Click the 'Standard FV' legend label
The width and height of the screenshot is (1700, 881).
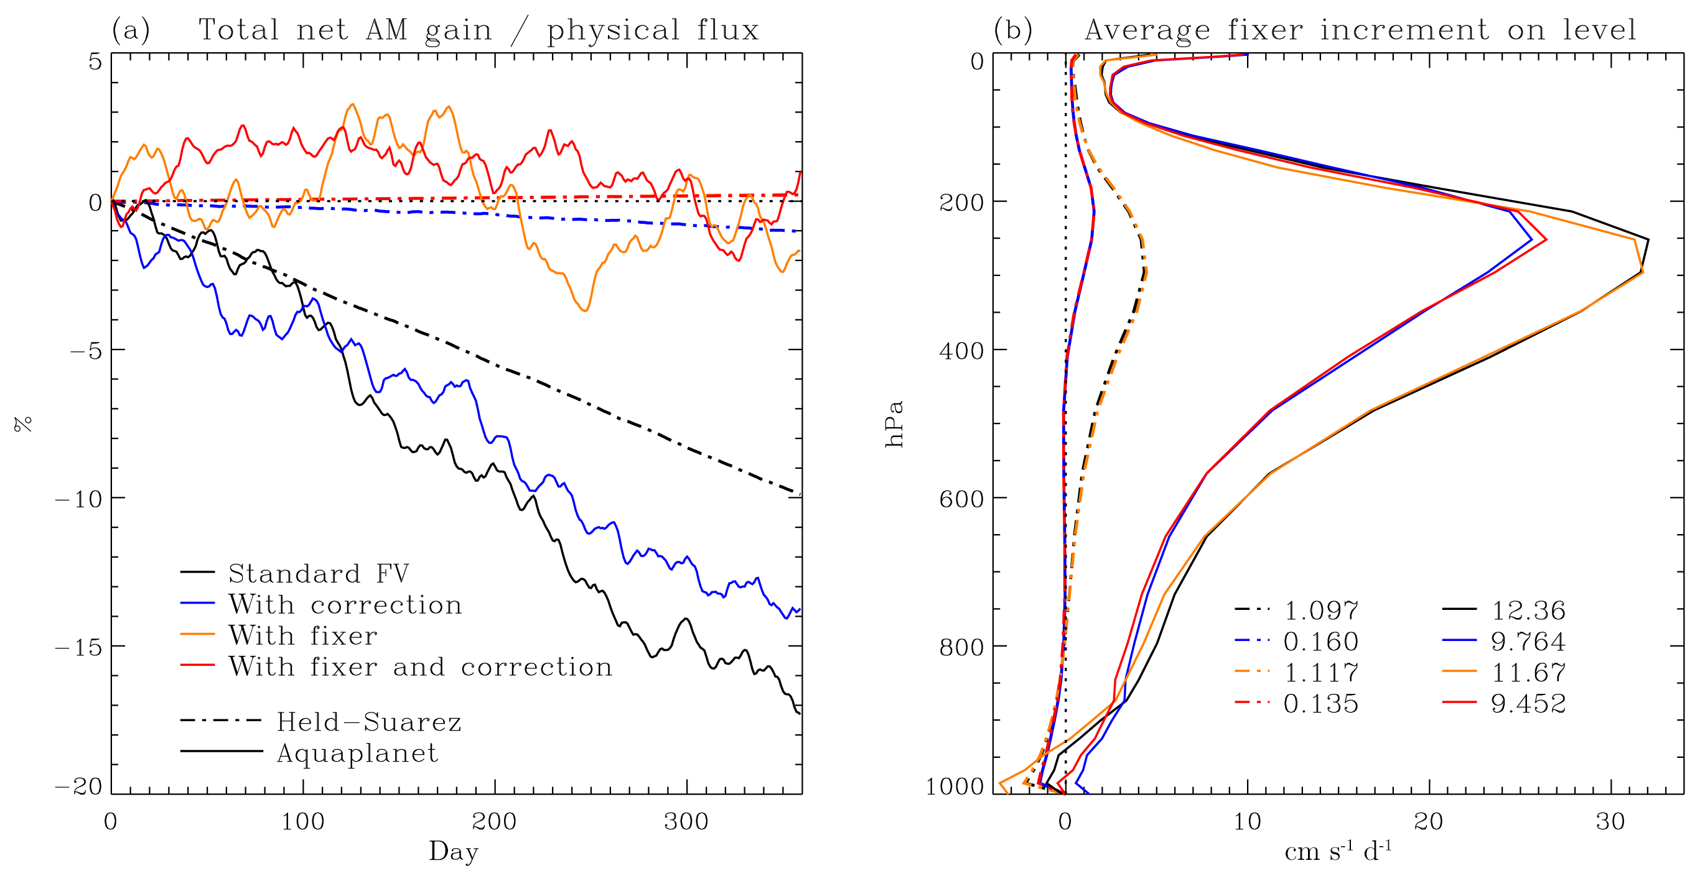click(318, 573)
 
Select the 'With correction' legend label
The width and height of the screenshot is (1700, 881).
click(345, 604)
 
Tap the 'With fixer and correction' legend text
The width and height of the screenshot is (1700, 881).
click(421, 667)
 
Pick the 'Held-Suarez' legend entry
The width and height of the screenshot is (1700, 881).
click(368, 721)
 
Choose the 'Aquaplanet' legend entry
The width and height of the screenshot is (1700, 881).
click(357, 752)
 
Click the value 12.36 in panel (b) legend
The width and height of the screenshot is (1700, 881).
click(1528, 610)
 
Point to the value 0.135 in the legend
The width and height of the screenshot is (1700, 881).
click(1320, 704)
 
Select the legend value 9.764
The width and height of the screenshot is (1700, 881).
click(1528, 641)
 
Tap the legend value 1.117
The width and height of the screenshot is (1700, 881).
click(1320, 673)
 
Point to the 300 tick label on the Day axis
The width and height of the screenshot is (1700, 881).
click(686, 822)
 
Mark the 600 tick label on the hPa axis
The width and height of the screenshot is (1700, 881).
click(961, 499)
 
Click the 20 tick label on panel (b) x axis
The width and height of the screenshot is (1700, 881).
click(1429, 822)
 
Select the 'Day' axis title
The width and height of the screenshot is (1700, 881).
click(454, 851)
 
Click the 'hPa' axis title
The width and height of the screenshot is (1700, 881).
click(894, 423)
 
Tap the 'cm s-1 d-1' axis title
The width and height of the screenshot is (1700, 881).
click(1338, 851)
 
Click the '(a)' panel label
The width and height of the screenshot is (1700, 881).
click(131, 30)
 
